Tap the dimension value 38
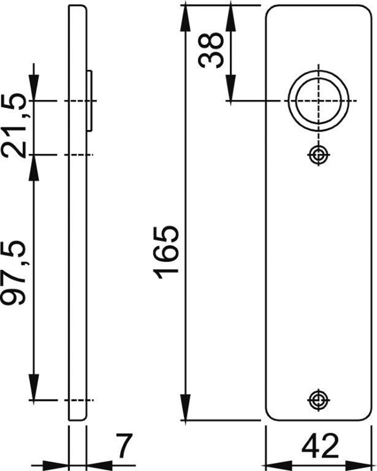click(x=210, y=50)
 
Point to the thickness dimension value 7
click(x=122, y=447)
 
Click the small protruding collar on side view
click(x=90, y=101)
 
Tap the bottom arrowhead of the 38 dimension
click(x=230, y=91)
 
